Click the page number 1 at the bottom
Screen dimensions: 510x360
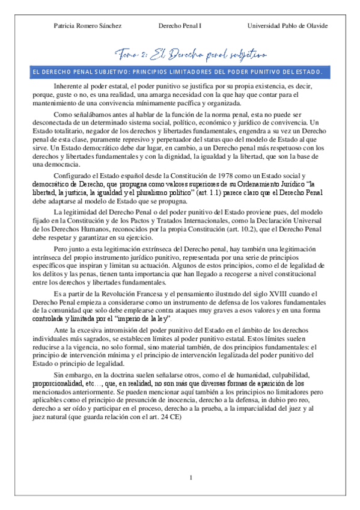pyautogui.click(x=190, y=478)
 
